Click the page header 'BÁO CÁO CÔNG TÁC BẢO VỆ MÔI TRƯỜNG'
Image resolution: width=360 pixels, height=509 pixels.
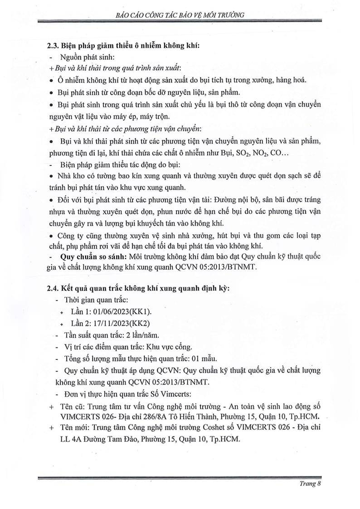click(x=180, y=15)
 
